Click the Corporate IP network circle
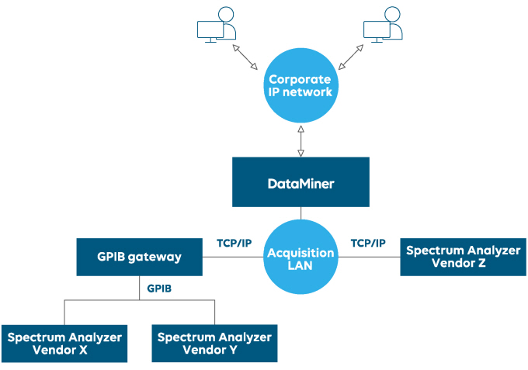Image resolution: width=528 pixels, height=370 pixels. pos(300,86)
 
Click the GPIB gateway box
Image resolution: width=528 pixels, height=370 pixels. pos(140,257)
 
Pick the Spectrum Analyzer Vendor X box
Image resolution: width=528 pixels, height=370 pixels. pos(64,344)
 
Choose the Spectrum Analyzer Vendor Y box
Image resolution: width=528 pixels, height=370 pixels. pos(214,344)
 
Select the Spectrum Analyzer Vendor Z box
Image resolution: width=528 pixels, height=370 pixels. pos(464,257)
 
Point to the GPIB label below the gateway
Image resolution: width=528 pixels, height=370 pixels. pos(159,288)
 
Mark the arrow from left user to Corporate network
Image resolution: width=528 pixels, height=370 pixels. pos(246,57)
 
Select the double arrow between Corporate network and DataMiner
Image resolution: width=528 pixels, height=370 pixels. pos(300,139)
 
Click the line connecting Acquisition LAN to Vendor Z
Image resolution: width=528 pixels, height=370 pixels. pos(369,258)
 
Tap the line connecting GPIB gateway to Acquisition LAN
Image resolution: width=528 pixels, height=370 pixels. pos(233,258)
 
